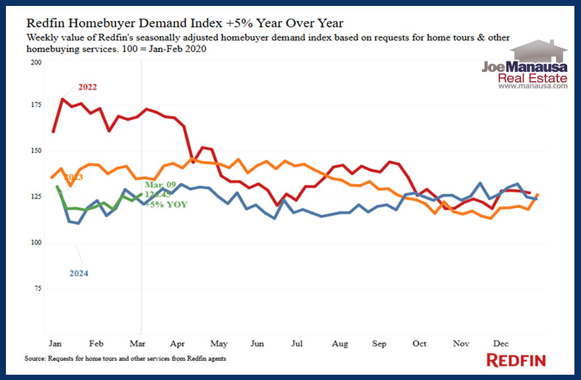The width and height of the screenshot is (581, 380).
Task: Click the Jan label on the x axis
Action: tap(55, 344)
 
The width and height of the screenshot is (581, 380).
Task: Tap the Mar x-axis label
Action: tap(138, 344)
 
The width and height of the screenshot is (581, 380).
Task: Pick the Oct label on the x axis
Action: tap(419, 344)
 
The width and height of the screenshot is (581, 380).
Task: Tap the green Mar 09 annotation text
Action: tap(158, 185)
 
